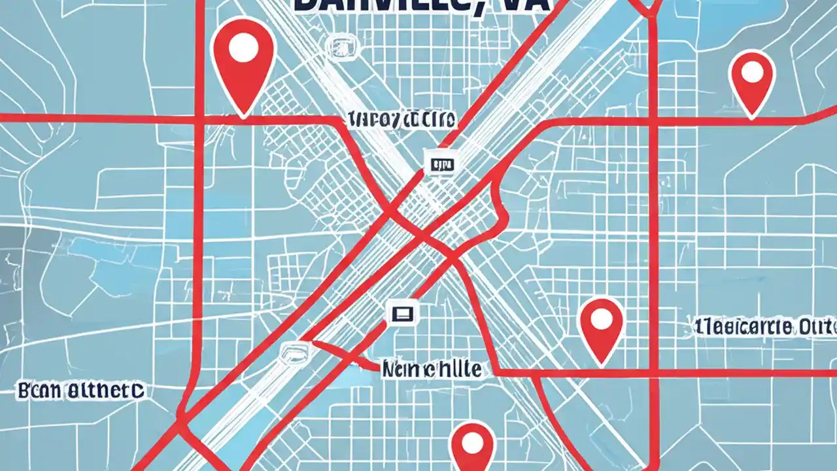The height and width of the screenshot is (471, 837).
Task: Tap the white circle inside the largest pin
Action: coord(243,48)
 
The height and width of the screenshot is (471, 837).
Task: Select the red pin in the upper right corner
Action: coord(752,82)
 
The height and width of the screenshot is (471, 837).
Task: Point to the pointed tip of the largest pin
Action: coord(243,116)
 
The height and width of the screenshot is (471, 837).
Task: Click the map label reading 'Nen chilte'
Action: coord(432,370)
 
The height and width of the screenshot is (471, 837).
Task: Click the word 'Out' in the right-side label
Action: coord(817,326)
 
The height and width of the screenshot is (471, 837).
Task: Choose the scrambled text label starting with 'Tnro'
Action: coord(403,120)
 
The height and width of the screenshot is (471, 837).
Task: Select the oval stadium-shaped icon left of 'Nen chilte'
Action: coord(294,352)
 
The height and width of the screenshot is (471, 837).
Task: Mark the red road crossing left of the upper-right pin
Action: coord(653,122)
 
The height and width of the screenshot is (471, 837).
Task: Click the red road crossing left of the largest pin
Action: coord(198,118)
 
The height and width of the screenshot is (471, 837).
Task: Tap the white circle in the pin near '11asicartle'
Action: coord(601,320)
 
